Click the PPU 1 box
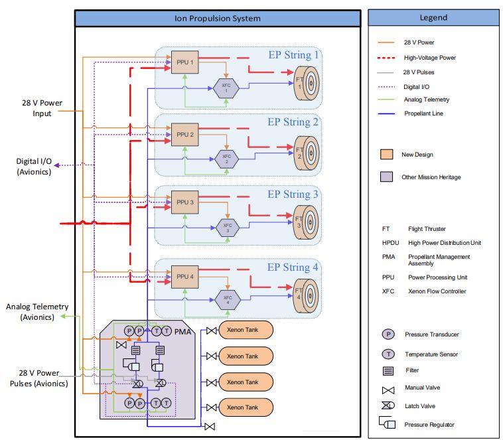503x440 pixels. point(184,62)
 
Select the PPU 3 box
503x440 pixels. point(184,202)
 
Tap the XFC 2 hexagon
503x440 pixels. point(226,159)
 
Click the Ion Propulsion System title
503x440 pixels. point(217,19)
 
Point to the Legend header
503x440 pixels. point(433,18)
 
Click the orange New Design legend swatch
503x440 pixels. point(388,155)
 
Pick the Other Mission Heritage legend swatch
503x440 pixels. point(388,177)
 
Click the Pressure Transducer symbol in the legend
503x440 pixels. point(388,334)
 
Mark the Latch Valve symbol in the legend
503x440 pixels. point(387,405)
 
